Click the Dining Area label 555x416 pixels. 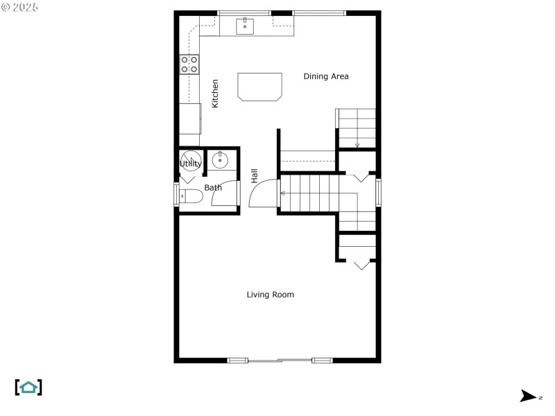[x=326, y=76]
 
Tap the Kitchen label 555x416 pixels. [x=215, y=93]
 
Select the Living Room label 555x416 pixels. [x=271, y=295]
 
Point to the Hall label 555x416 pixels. [x=255, y=176]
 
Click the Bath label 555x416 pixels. [x=213, y=187]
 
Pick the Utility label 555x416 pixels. [x=191, y=164]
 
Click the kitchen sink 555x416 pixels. [x=245, y=26]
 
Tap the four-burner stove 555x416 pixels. [x=189, y=64]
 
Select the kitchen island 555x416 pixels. [x=260, y=87]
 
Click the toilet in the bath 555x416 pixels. [x=191, y=196]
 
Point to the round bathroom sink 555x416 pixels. [x=220, y=161]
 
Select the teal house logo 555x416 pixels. [x=28, y=387]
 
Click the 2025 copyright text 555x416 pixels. [x=20, y=7]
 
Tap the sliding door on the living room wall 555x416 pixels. [x=280, y=360]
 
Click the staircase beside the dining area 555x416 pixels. [x=357, y=128]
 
